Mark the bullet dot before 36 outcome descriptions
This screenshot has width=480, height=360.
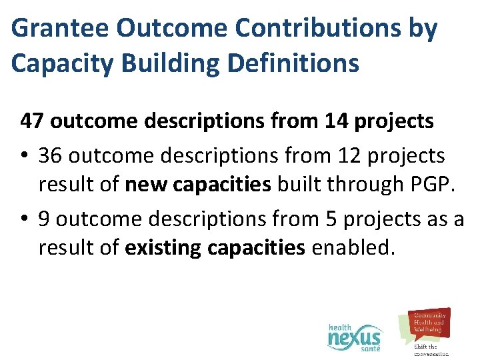pos(24,156)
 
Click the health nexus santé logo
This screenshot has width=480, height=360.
pos(355,337)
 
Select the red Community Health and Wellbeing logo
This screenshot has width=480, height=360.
pos(427,323)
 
